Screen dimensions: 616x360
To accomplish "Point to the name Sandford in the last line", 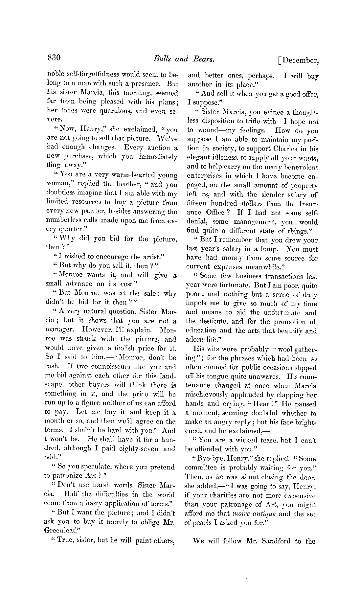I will [277, 541].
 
